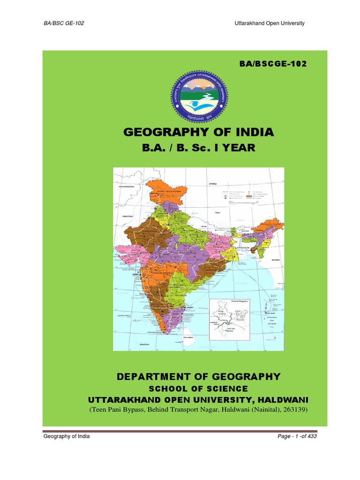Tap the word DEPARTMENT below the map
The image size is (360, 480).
151,376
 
